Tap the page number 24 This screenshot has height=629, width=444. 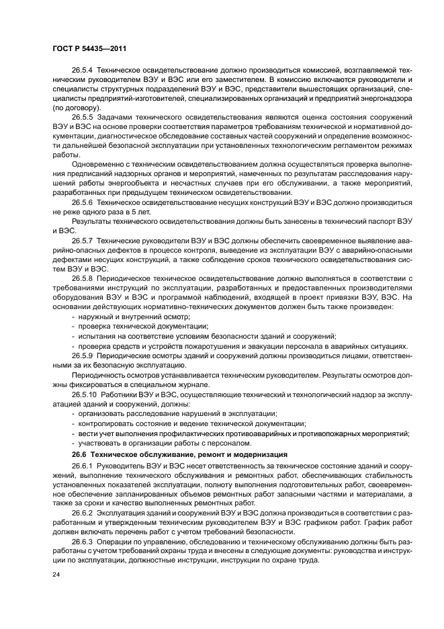56,575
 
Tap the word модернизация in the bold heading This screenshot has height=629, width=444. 258,454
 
